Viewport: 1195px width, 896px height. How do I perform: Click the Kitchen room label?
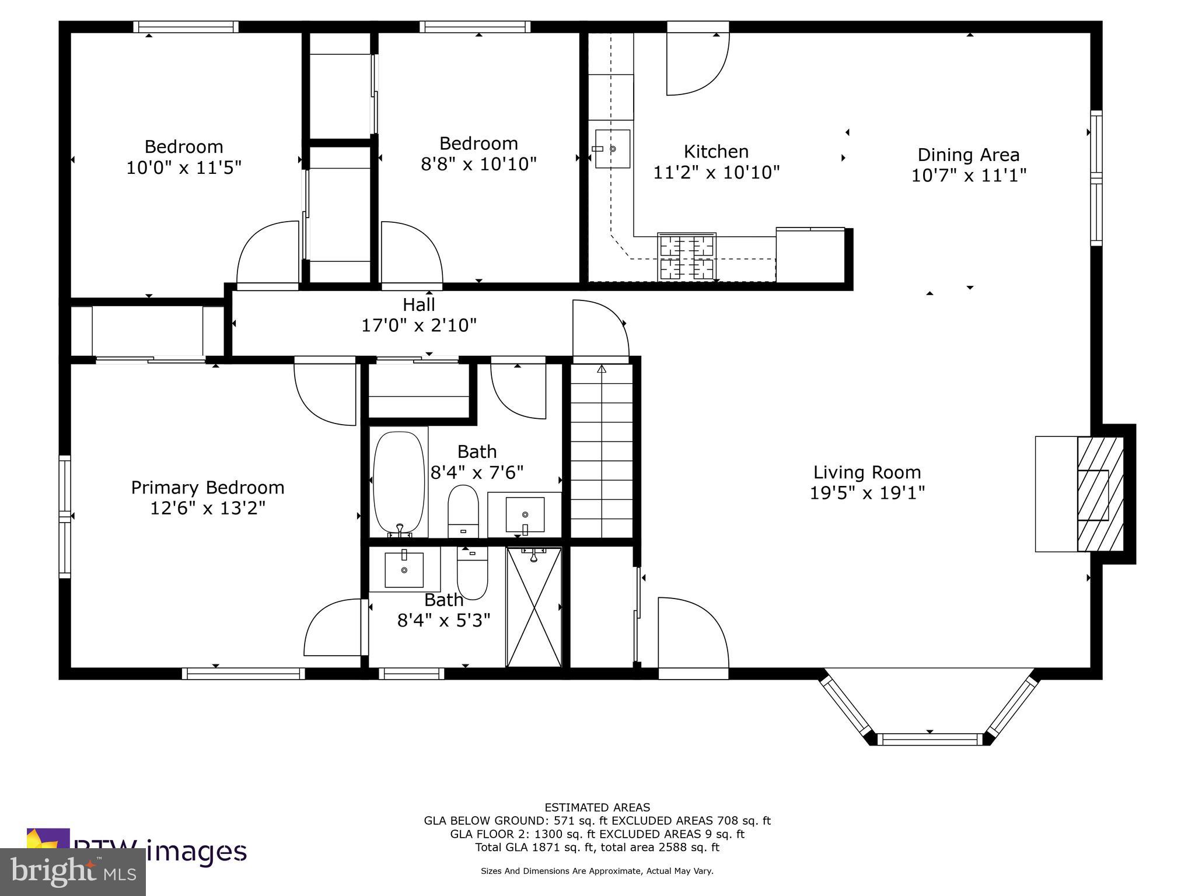coord(716,152)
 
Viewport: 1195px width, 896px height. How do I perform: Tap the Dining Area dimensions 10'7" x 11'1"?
coord(969,175)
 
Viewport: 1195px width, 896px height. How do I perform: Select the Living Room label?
coord(867,472)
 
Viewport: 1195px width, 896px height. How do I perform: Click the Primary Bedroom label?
coord(208,487)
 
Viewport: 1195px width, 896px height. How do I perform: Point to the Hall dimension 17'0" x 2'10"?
coord(419,325)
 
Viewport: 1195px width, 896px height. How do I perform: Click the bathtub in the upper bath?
coord(399,482)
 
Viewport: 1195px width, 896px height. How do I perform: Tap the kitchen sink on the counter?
coord(612,149)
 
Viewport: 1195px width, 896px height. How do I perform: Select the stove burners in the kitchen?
coord(687,257)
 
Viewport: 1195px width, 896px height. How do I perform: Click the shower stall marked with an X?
coord(534,607)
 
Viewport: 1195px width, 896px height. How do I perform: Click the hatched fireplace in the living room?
coord(1099,495)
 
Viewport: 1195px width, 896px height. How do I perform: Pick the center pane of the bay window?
coord(930,739)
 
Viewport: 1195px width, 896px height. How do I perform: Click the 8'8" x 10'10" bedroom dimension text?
coord(478,164)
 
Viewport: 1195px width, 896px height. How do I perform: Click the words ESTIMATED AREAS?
coord(597,807)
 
